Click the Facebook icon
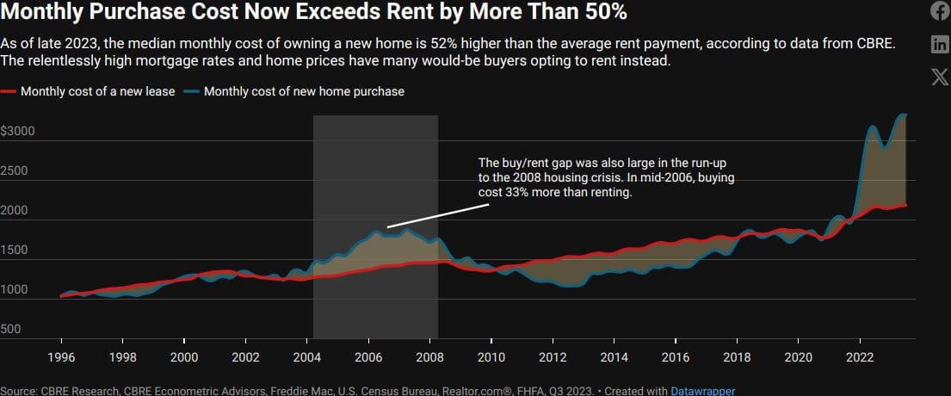point(940,11)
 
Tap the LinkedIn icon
point(940,44)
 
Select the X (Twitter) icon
point(940,77)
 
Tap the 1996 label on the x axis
point(61,356)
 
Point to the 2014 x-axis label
point(614,356)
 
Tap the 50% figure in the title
point(602,13)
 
